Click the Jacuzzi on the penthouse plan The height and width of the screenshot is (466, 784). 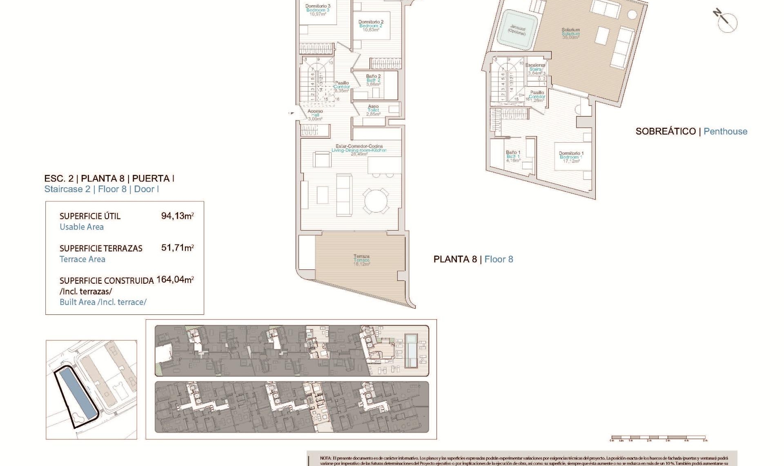pos(517,29)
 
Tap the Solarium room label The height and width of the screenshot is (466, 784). pos(570,33)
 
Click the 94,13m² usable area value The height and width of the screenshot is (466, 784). pos(177,216)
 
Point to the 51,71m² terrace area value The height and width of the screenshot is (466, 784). pos(177,248)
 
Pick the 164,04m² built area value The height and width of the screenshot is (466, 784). pos(175,280)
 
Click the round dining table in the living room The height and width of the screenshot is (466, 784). pos(376,201)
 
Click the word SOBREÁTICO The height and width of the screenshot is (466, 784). pos(665,131)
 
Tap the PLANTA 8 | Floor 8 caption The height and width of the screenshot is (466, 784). pos(473,259)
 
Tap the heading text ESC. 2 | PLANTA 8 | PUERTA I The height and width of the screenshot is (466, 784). pos(109,178)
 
